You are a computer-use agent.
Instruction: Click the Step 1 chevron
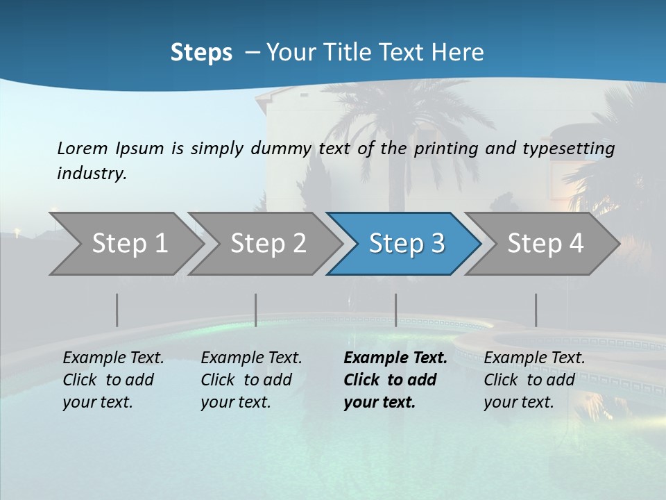pyautogui.click(x=125, y=244)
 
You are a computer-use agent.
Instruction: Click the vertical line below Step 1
pyautogui.click(x=117, y=310)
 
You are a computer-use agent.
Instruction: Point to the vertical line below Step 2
pyautogui.click(x=256, y=310)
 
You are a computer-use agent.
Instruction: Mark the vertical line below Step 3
pyautogui.click(x=395, y=310)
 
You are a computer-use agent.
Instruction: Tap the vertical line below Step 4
pyautogui.click(x=536, y=310)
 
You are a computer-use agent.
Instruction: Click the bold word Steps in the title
pyautogui.click(x=201, y=53)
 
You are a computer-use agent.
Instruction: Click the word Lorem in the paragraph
pyautogui.click(x=82, y=149)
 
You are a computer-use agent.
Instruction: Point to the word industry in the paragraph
pyautogui.click(x=91, y=173)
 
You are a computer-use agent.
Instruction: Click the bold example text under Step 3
pyautogui.click(x=395, y=380)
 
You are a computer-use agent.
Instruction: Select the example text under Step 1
pyautogui.click(x=113, y=380)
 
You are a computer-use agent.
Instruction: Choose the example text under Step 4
pyautogui.click(x=534, y=380)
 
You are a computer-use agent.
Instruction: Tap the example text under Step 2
pyautogui.click(x=251, y=380)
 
